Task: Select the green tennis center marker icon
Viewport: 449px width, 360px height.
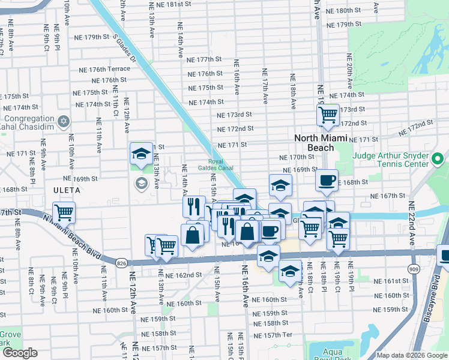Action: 438,160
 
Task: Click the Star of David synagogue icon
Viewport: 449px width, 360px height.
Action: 63,122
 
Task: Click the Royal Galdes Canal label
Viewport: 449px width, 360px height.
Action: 221,165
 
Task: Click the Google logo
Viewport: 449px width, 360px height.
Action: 19,353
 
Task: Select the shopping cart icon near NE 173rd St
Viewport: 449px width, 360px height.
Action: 328,114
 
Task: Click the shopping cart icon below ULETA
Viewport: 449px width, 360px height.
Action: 63,212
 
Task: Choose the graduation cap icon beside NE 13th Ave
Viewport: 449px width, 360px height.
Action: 141,154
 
